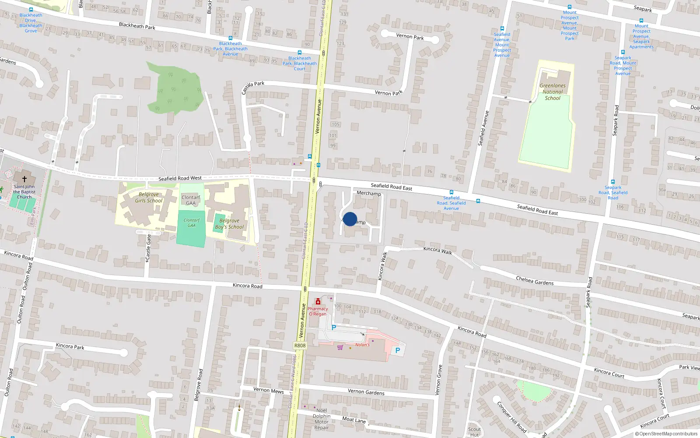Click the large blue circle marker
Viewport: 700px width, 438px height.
coord(350,219)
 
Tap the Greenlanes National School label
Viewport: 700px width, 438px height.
coord(553,92)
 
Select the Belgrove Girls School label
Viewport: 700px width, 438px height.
coord(149,198)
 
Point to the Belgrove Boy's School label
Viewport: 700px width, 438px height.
coord(229,224)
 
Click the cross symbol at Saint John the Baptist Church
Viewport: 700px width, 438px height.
coord(24,179)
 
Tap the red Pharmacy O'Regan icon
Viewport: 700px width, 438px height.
coord(318,302)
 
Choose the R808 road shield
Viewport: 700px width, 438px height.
coord(300,346)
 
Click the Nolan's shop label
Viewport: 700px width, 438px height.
coord(362,345)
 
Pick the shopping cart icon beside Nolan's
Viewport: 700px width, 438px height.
coord(340,347)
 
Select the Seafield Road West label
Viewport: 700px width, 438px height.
coord(180,178)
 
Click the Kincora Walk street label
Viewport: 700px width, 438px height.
coord(437,250)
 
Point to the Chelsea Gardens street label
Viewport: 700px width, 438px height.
coord(535,281)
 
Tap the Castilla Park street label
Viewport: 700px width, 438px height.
coord(253,87)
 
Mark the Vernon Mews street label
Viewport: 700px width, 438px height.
coord(269,390)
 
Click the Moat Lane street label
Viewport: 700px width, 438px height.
coord(354,420)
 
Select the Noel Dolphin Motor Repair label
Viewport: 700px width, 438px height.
coord(322,419)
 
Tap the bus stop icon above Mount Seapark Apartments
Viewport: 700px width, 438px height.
coord(641,21)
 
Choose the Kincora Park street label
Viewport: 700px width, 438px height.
coord(70,346)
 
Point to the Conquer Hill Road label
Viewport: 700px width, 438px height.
coord(511,417)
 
